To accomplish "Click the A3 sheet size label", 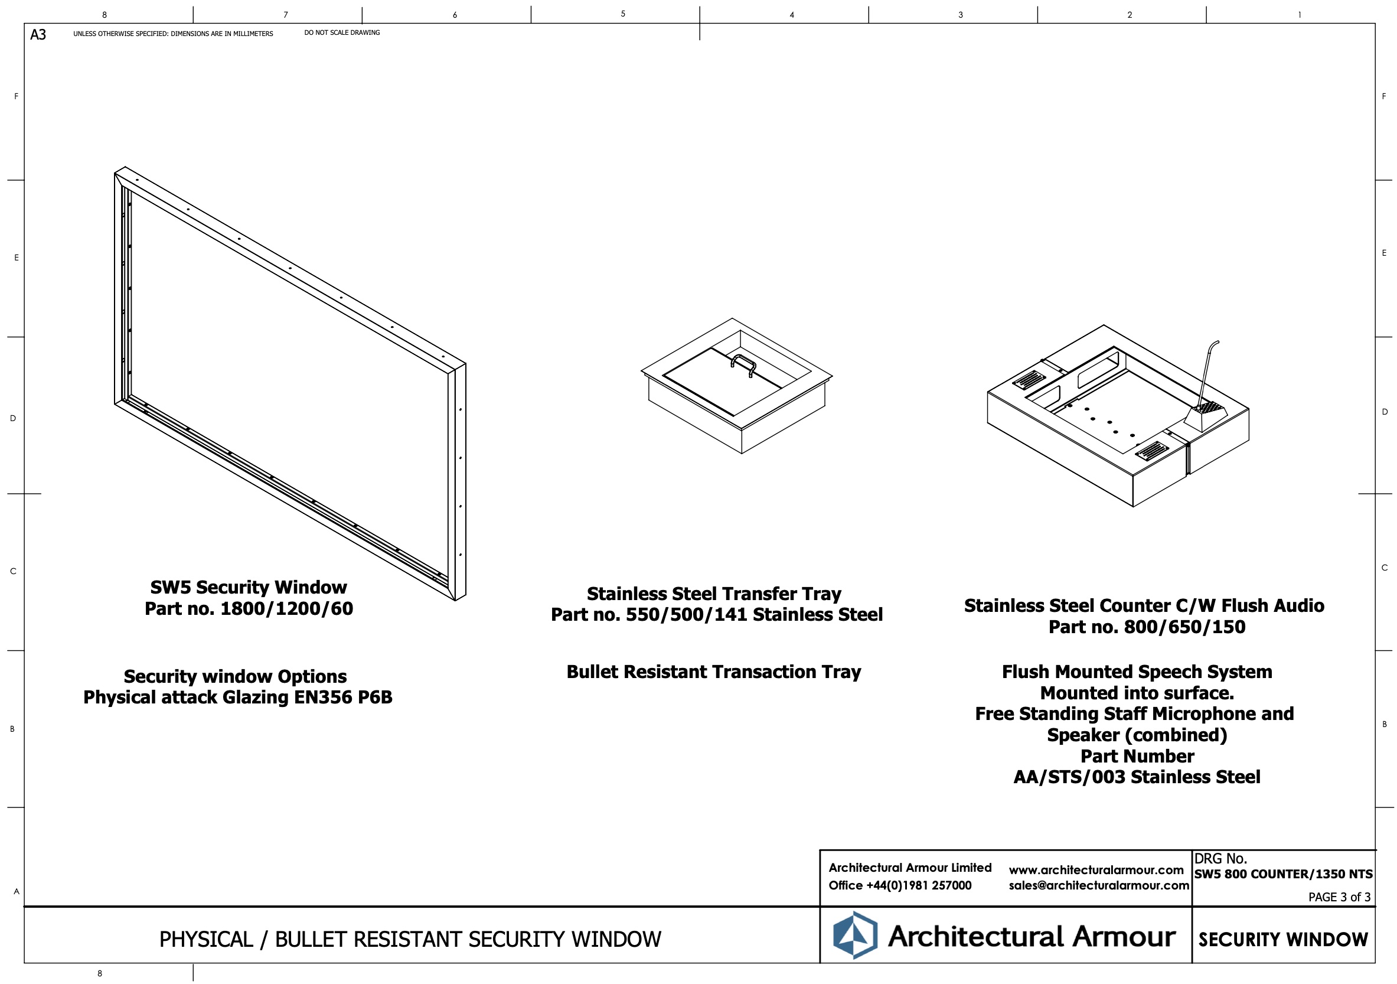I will coord(38,35).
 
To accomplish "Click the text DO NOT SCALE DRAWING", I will coord(342,33).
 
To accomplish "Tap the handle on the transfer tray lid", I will coord(743,363).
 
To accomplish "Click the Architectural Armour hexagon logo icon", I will coord(855,936).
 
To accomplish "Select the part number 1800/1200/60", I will coord(286,608).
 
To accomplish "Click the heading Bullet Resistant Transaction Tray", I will coord(714,672).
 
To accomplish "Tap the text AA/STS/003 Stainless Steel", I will coord(1137,777).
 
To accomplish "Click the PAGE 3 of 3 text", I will coord(1339,897).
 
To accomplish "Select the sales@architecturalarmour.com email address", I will coord(1098,885).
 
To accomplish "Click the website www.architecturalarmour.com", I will coord(1096,870).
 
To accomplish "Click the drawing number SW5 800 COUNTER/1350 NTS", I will coord(1283,875).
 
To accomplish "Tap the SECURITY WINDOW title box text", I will coord(1283,940).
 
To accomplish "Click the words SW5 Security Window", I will coord(248,587).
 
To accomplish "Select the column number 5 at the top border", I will coord(622,14).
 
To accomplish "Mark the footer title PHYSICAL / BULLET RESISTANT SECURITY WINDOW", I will coord(410,940).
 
